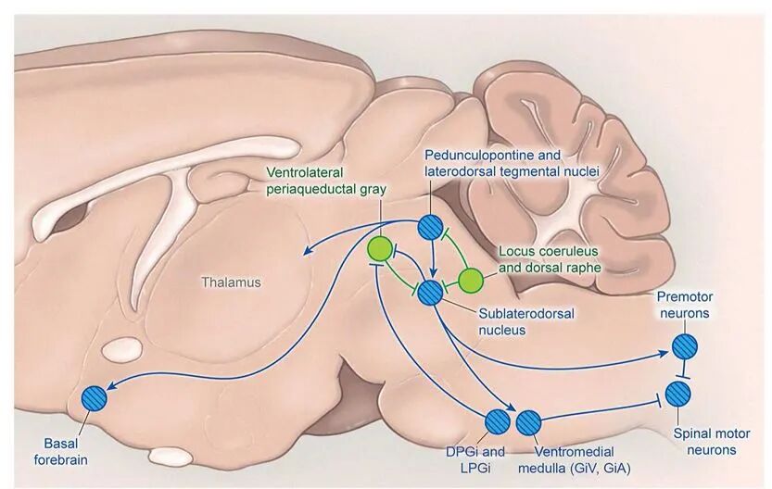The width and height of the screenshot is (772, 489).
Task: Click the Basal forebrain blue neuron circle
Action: (95, 397)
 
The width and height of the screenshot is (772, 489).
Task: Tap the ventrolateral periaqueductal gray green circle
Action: (380, 248)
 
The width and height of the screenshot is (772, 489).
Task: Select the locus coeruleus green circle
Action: (471, 279)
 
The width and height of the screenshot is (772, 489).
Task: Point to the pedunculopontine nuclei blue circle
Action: (430, 226)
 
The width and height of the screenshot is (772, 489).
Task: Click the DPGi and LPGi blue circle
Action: (499, 421)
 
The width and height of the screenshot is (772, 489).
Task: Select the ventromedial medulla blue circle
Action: (529, 421)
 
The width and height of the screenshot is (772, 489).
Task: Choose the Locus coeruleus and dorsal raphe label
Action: (550, 258)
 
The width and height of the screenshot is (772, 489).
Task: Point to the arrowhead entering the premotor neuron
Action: (668, 353)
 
